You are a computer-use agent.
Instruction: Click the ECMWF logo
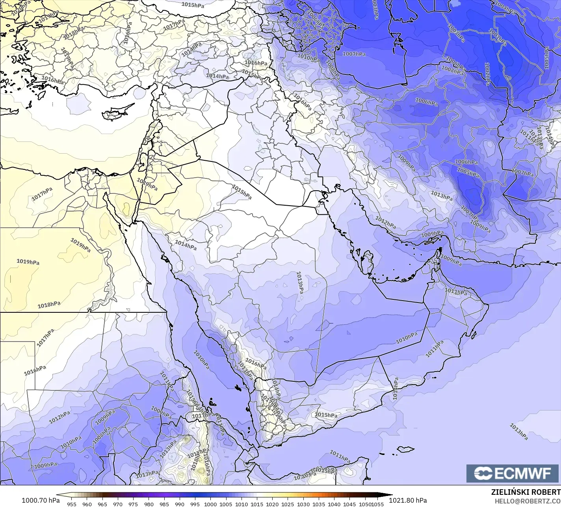click(x=513, y=473)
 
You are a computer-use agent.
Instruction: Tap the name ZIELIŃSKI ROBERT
click(x=526, y=492)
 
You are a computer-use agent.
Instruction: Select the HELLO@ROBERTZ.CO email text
click(x=528, y=501)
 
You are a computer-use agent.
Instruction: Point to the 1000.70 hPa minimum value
click(x=41, y=500)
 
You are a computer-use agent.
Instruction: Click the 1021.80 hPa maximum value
click(x=407, y=500)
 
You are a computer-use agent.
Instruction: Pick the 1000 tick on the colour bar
click(x=210, y=504)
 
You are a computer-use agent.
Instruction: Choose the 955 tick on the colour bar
click(x=72, y=504)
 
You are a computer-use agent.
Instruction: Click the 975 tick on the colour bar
click(x=133, y=504)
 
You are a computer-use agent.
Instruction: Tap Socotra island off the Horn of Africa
click(x=405, y=449)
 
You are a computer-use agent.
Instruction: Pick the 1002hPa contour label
click(x=487, y=74)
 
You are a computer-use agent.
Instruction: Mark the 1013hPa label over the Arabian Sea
click(x=518, y=432)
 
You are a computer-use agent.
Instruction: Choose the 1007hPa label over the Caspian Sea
click(x=354, y=54)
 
